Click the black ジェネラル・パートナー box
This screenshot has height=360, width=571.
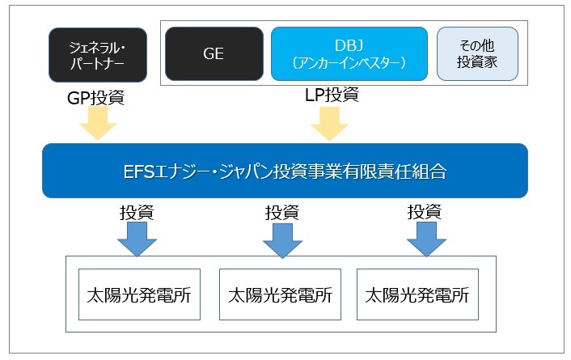click(98, 55)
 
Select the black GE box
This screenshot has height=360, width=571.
click(214, 53)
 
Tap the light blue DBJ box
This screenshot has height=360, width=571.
click(349, 53)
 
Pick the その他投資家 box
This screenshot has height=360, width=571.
click(477, 53)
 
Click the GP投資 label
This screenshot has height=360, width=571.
click(95, 98)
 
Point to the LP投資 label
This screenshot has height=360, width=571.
click(332, 95)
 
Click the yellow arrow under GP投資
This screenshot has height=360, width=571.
click(98, 123)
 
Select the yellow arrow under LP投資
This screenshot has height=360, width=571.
click(329, 124)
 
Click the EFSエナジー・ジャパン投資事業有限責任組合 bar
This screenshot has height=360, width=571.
click(285, 171)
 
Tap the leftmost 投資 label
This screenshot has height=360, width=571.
click(137, 213)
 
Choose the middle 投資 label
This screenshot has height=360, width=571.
click(281, 213)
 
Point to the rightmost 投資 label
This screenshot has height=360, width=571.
click(425, 212)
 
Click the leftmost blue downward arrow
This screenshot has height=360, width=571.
click(137, 239)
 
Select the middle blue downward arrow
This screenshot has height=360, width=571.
click(282, 240)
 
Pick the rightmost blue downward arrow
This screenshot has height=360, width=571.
click(426, 239)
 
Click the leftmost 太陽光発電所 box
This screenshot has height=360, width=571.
click(139, 294)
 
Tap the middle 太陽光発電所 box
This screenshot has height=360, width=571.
click(280, 294)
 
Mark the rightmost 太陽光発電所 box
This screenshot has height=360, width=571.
click(417, 294)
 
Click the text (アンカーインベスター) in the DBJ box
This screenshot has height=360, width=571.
click(349, 63)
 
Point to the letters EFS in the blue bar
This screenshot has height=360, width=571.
click(139, 172)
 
